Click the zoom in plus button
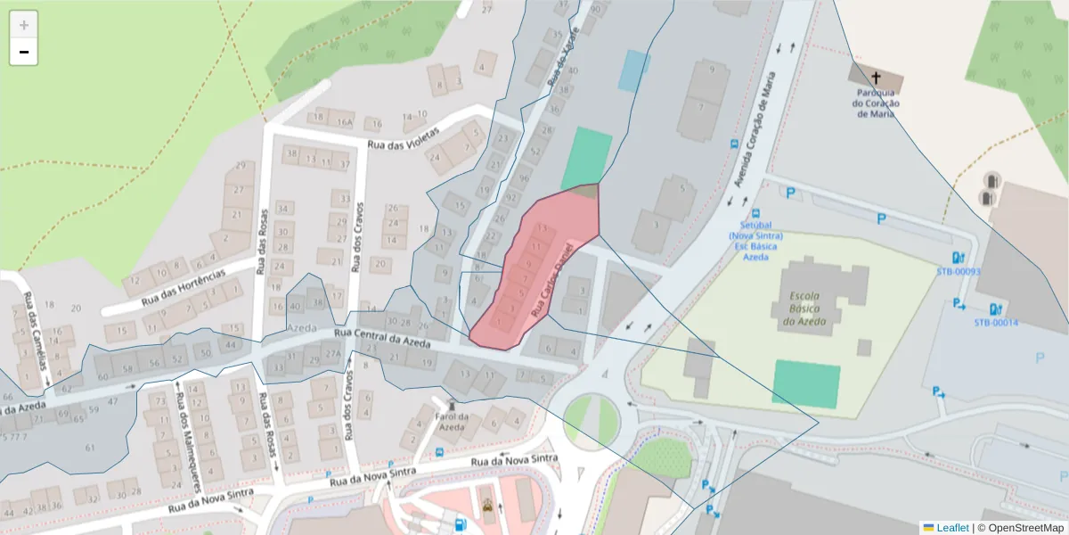24,24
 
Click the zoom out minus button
24,52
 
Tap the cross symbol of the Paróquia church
875,78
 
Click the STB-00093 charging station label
959,272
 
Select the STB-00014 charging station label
996,323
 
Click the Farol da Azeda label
450,422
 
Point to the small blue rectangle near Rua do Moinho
634,71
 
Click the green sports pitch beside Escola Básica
806,384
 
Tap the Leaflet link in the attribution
951,527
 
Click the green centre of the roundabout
591,417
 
